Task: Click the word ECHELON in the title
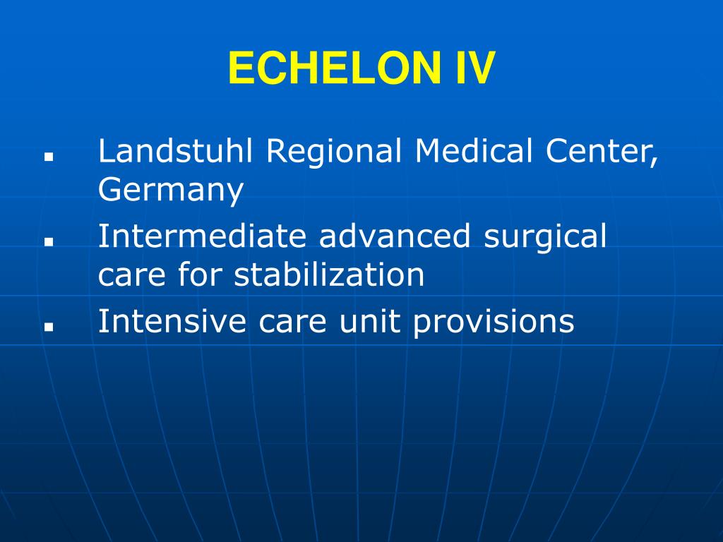[x=329, y=69]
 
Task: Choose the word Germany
[x=171, y=191]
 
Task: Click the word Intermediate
[x=203, y=236]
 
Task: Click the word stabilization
[x=330, y=275]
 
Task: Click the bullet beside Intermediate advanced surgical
[x=49, y=241]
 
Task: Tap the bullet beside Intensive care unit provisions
[x=49, y=326]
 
